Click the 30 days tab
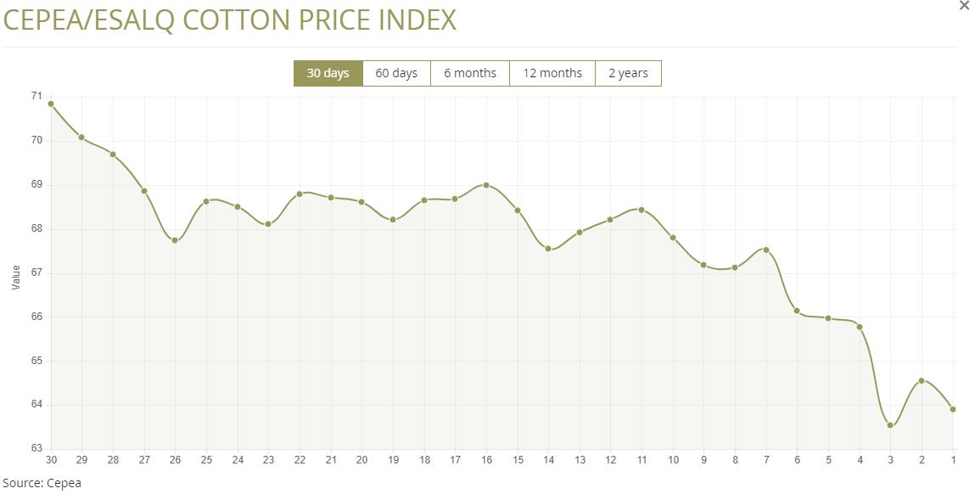tap(328, 73)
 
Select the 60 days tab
tap(396, 73)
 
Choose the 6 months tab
tap(469, 73)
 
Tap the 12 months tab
tap(552, 73)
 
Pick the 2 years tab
tap(628, 73)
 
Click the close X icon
tap(964, 6)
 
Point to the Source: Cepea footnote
tap(42, 483)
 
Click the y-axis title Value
tap(16, 277)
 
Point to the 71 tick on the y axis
tap(36, 96)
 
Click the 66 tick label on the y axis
tap(36, 317)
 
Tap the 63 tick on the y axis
tap(36, 448)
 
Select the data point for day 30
tap(51, 104)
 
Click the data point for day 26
tap(175, 240)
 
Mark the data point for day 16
tap(486, 184)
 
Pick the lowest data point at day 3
tap(890, 425)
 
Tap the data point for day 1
tap(953, 409)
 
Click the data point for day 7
tap(766, 250)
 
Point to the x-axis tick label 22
tap(300, 460)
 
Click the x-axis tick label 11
tap(642, 460)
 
